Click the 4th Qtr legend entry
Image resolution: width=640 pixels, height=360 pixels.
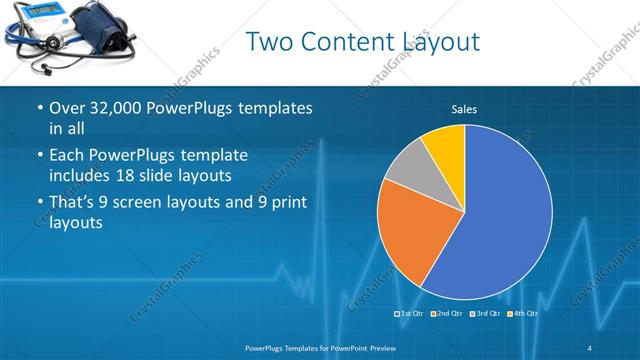point(523,314)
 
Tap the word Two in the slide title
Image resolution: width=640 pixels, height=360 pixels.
point(268,42)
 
